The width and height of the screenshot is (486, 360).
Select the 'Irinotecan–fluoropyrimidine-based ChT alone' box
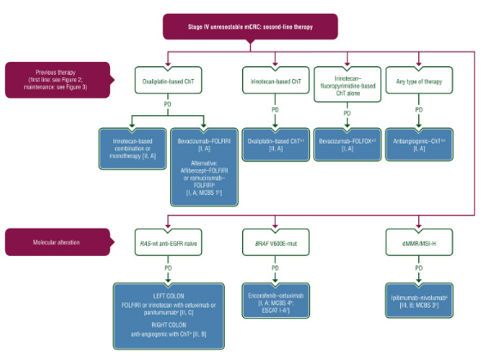[347, 82]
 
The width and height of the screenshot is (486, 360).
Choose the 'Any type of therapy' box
[420, 82]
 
